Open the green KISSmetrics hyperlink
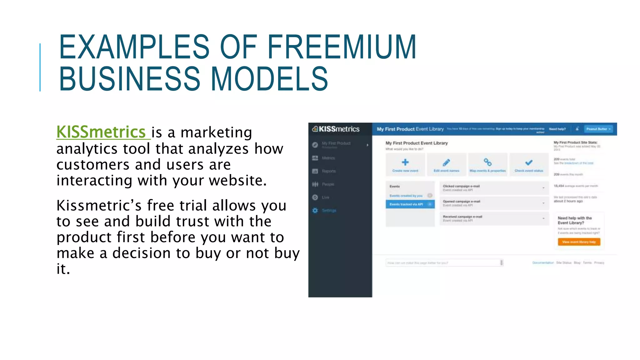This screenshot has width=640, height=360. [101, 132]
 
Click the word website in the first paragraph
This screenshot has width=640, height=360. [237, 180]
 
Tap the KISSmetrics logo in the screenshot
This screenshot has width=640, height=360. [336, 129]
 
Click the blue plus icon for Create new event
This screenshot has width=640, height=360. [405, 162]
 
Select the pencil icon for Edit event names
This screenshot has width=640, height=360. [446, 162]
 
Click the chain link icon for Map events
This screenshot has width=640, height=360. [487, 162]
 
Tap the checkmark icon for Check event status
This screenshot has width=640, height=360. [529, 162]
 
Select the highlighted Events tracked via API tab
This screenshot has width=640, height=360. [410, 204]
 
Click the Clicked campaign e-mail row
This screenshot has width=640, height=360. [493, 188]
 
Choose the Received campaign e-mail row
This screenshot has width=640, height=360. [493, 218]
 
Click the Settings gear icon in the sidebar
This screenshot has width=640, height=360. [315, 210]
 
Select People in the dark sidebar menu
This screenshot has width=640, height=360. [328, 184]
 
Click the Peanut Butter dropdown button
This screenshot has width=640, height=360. [598, 129]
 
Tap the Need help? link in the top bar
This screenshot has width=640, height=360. [557, 129]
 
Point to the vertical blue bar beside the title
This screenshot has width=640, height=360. [40, 67]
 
